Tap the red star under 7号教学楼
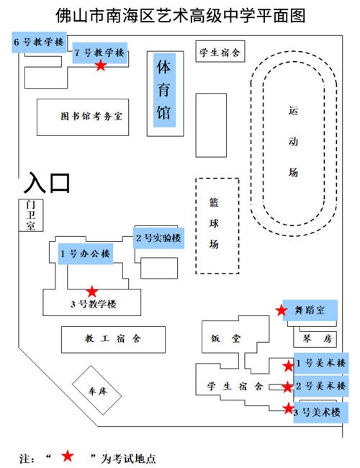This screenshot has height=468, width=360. (101, 66)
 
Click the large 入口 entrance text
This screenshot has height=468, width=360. (49, 182)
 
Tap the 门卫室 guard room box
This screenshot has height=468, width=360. (30, 215)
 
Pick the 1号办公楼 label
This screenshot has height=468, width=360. (86, 253)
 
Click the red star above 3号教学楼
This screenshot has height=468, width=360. (92, 292)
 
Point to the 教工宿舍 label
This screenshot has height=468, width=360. (113, 338)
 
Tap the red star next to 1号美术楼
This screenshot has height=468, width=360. (288, 366)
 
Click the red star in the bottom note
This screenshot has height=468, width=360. (68, 455)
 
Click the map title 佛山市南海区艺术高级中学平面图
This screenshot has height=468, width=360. (180, 14)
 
